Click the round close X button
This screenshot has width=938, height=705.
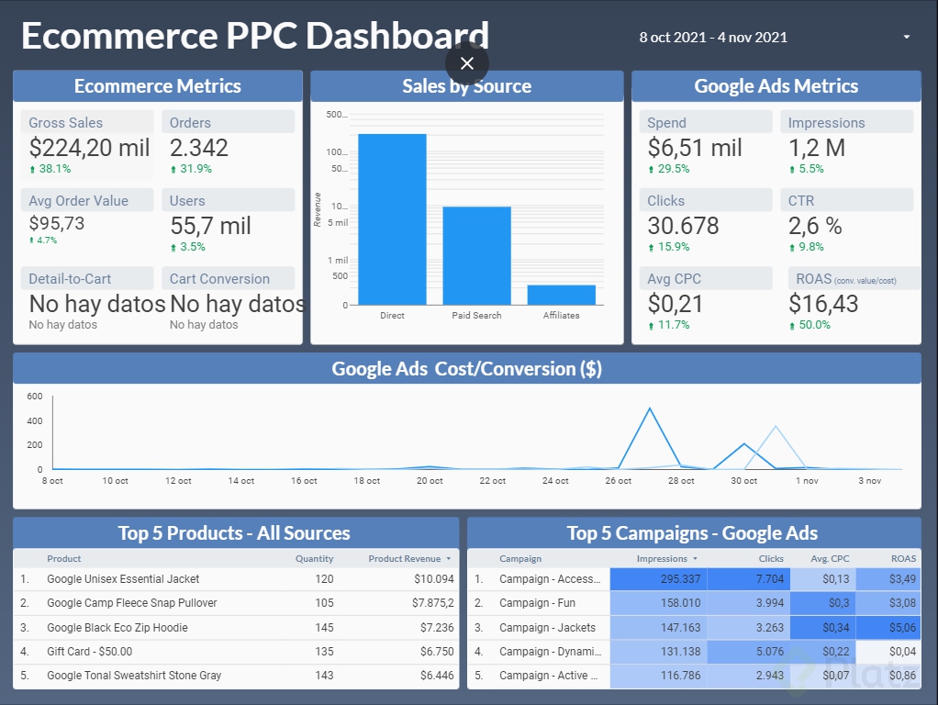467,63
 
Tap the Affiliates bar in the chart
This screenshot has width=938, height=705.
561,295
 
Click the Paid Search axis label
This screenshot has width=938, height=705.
476,316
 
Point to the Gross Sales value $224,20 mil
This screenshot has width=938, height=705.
89,148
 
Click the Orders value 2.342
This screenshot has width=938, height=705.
199,148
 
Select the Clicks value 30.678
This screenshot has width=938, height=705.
683,226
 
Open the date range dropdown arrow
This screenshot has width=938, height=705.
907,38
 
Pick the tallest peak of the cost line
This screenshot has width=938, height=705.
650,408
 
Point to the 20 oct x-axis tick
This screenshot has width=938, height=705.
430,481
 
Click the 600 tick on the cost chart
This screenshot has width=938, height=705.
35,397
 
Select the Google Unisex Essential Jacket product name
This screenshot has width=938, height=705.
123,579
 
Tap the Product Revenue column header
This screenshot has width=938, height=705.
405,558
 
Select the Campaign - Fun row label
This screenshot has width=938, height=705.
537,603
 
